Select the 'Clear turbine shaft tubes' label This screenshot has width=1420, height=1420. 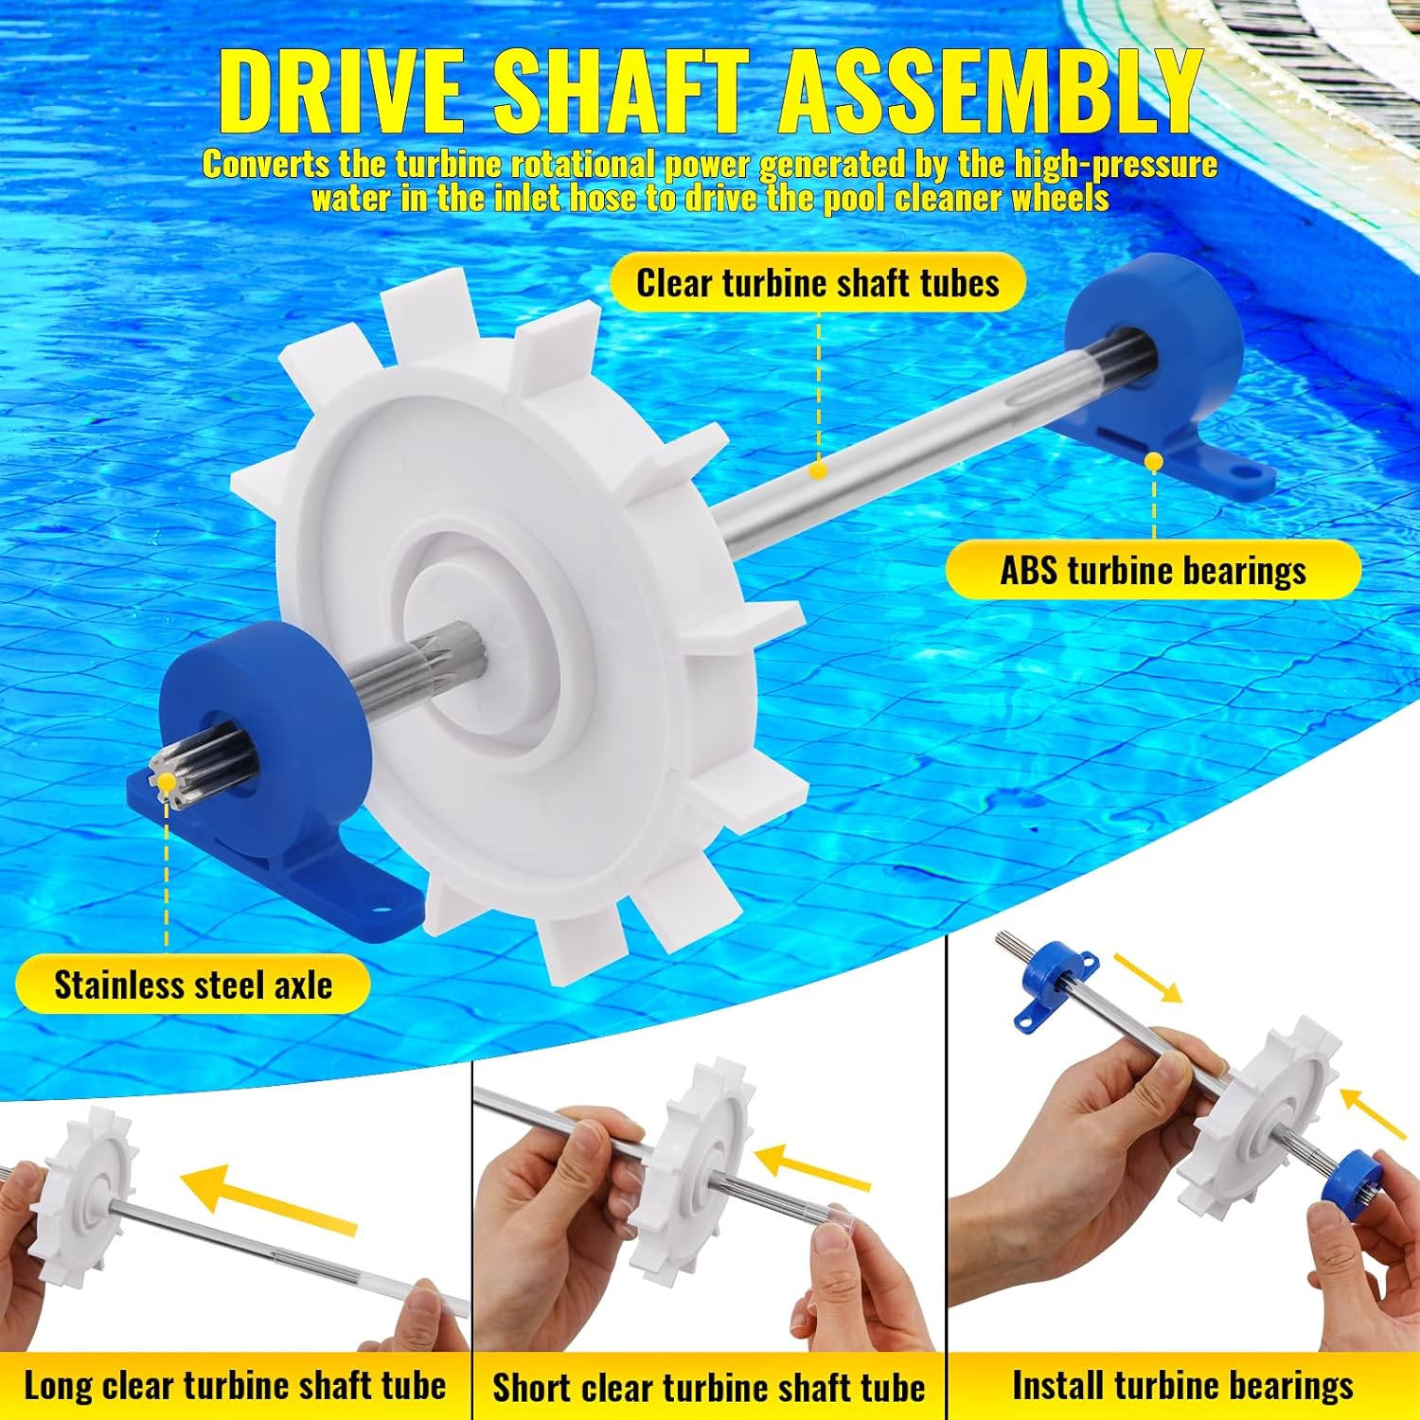pos(818,283)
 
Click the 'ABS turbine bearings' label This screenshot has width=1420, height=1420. pos(1153,571)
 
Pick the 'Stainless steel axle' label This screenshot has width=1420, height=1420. pos(193,985)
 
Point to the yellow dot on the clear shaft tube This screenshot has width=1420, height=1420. pos(820,470)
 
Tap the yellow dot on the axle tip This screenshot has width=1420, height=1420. pos(168,782)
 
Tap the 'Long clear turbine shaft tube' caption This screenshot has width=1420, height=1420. pos(235,1386)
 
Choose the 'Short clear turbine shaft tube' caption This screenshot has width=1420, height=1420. pos(708,1388)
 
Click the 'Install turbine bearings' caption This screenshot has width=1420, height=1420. pos(1182,1386)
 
